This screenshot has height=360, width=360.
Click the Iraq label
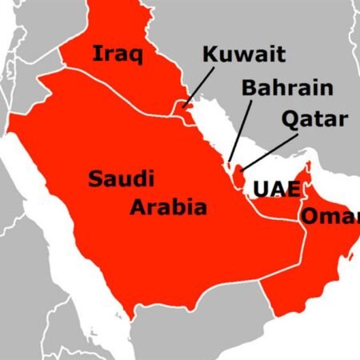tap(118, 54)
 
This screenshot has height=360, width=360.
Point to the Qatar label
tap(315, 120)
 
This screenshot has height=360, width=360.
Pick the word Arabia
tap(169, 208)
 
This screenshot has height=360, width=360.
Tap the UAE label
tap(276, 190)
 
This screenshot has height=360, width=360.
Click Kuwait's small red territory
tap(185, 108)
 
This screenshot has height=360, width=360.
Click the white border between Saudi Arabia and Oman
tap(304, 248)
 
